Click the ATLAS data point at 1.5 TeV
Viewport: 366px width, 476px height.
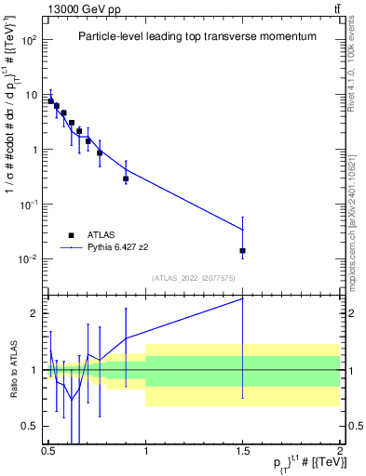(x=242, y=251)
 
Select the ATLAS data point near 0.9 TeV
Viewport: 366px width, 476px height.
(x=126, y=178)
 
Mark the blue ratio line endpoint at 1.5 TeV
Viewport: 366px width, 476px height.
(x=242, y=298)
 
